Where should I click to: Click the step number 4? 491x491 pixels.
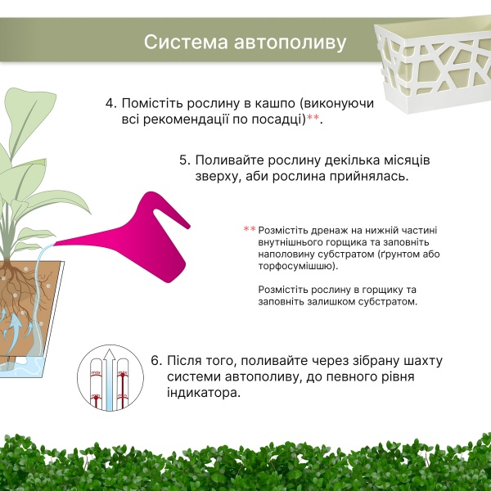coord(110,104)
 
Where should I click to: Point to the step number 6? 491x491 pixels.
coord(156,362)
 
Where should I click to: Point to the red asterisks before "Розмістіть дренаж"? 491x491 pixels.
coord(250,230)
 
